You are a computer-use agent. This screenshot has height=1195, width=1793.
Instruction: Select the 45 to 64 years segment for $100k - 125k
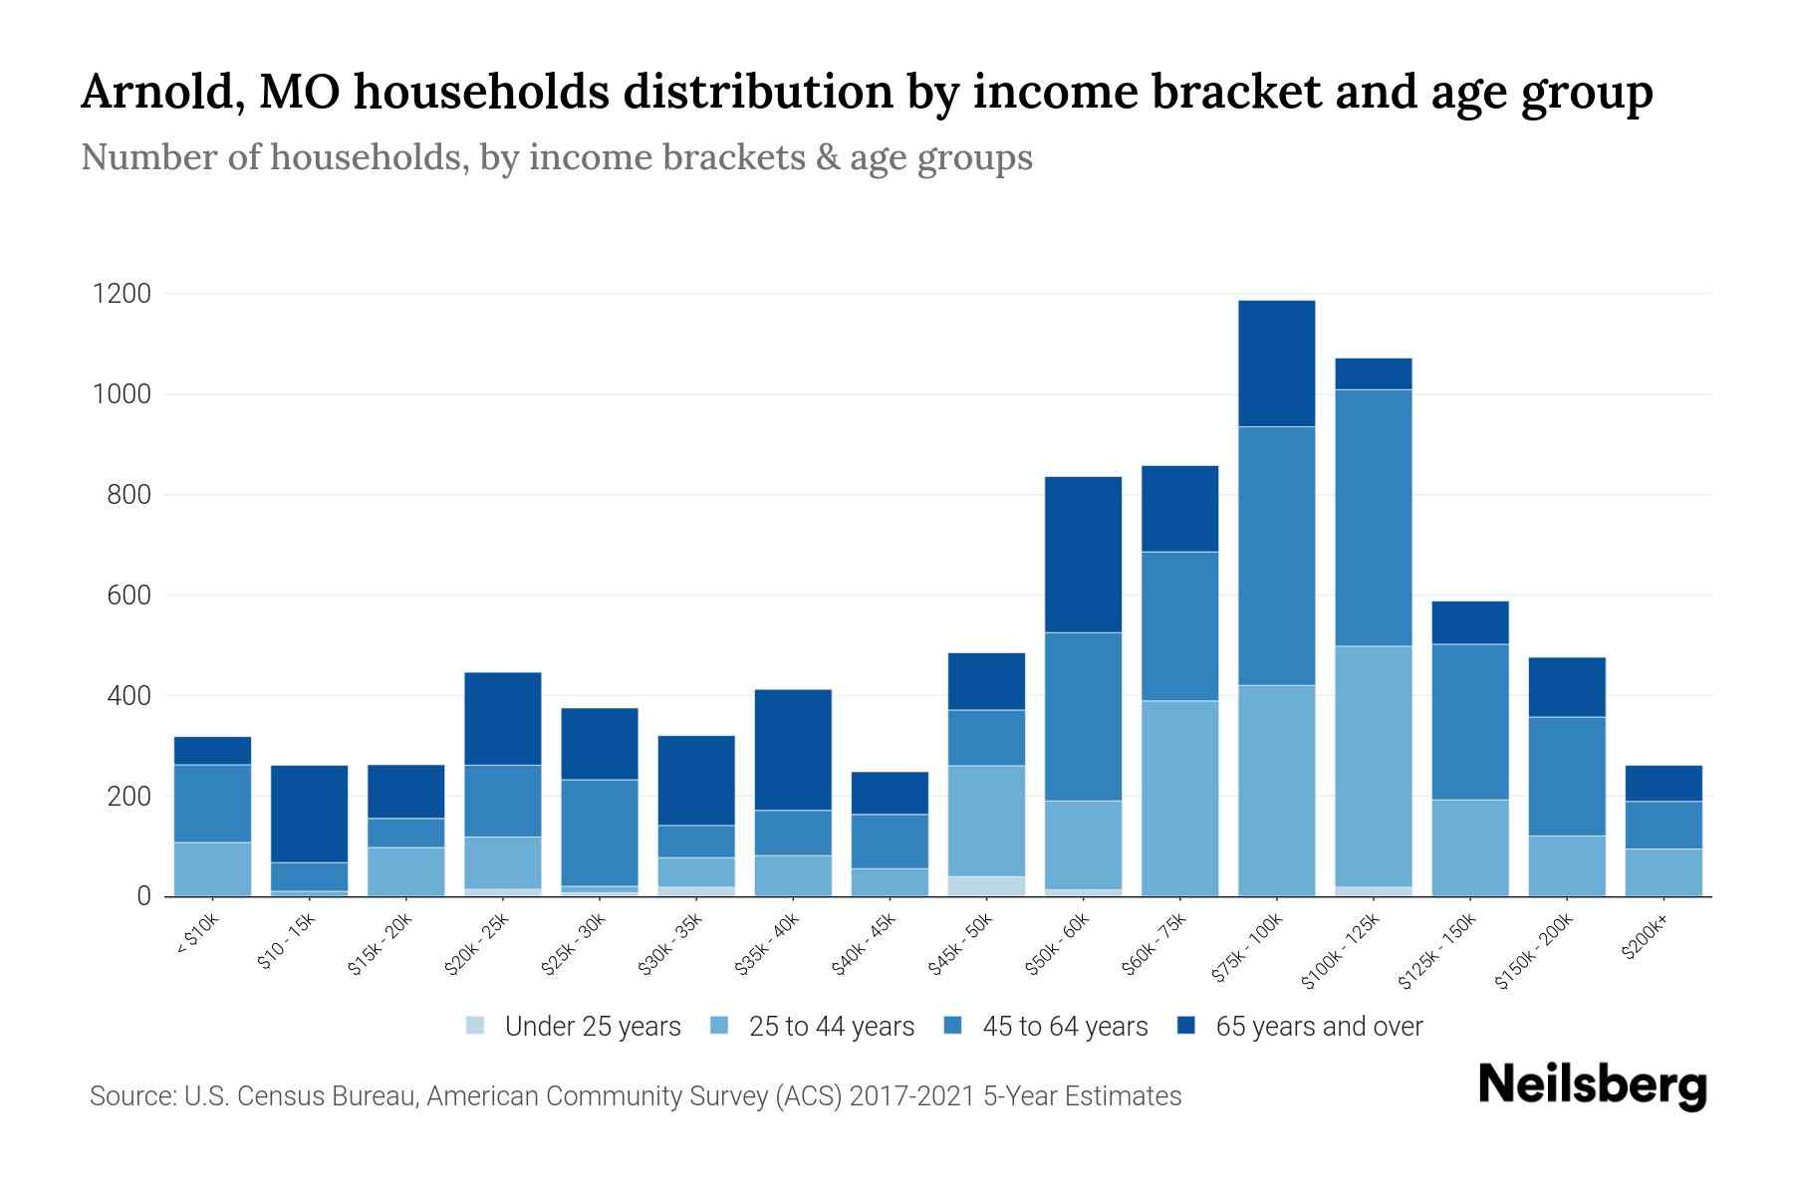[1373, 518]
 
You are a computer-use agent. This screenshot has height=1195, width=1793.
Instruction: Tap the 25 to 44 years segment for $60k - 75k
[1179, 798]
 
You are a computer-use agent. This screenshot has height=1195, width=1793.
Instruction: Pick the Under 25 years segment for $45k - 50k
[986, 886]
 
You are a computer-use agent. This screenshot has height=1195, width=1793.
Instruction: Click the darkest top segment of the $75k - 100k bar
[1276, 363]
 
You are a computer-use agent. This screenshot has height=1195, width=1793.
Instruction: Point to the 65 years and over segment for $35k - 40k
[793, 750]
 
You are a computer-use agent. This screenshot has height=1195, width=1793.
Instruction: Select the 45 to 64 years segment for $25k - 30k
[600, 833]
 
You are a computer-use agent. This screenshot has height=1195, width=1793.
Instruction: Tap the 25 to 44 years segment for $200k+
[1664, 872]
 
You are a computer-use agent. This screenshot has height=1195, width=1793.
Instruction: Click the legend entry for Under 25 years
[592, 1027]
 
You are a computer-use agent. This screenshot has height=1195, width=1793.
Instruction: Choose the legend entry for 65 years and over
[1318, 1027]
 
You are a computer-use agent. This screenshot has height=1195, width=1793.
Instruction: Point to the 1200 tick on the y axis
[122, 294]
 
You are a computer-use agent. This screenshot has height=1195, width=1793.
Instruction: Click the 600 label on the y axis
[128, 596]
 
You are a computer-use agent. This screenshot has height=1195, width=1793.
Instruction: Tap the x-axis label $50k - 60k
[1059, 945]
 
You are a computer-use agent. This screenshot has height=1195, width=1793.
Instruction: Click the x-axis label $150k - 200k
[1535, 952]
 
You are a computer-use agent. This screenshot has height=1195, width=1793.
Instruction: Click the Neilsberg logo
[1592, 1085]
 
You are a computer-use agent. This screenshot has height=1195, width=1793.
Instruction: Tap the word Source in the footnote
[130, 1096]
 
